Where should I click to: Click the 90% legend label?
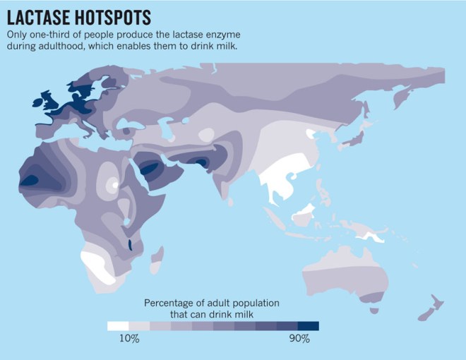299,340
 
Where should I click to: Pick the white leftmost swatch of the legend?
117,326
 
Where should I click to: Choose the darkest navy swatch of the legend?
309,326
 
